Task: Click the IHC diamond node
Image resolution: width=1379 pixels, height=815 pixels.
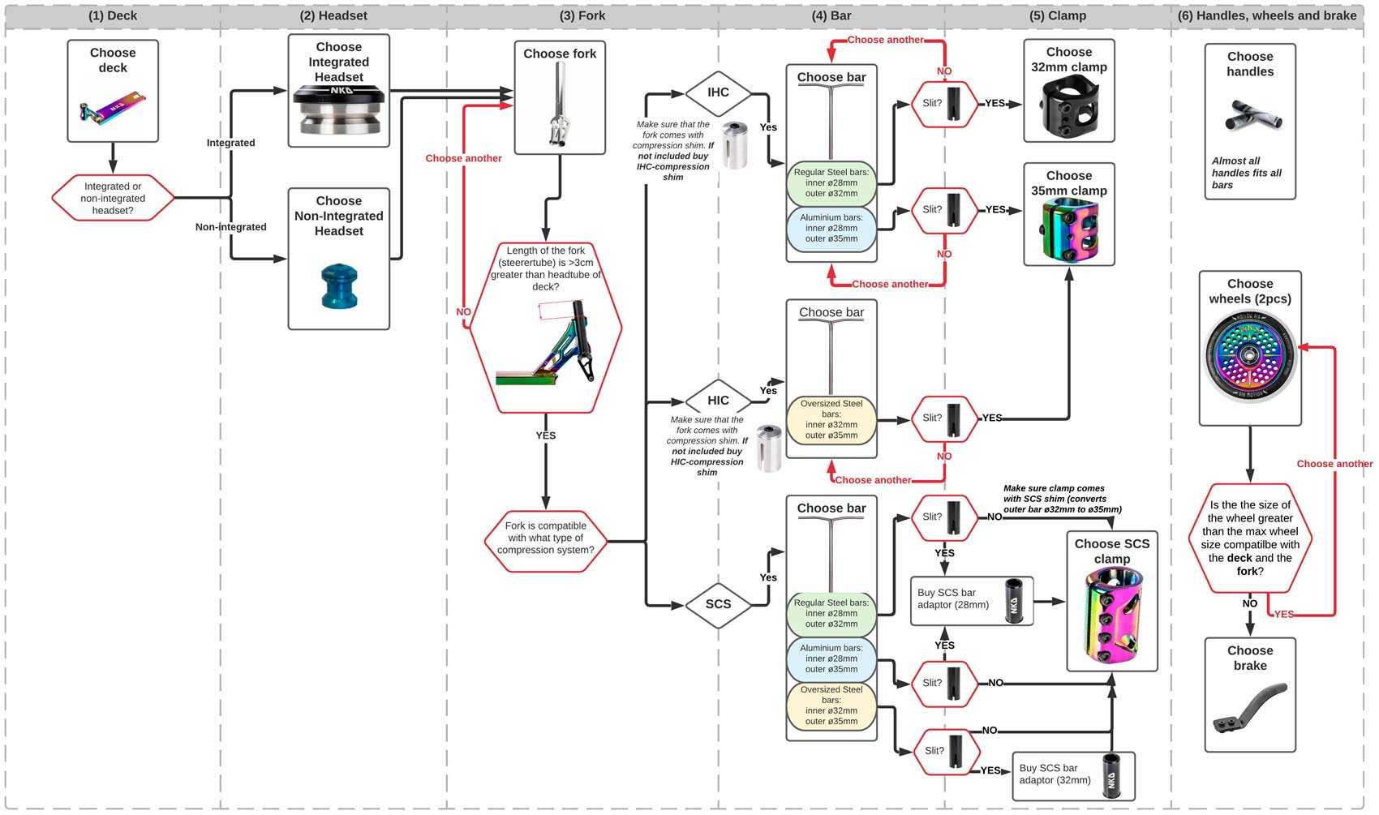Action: click(x=718, y=92)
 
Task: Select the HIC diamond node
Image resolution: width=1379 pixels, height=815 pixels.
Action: click(x=718, y=400)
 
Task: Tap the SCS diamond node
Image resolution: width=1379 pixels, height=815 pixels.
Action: click(x=718, y=604)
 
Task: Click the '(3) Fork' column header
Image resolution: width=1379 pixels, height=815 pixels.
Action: click(x=582, y=15)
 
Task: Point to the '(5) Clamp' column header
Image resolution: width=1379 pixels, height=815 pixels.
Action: click(x=1057, y=15)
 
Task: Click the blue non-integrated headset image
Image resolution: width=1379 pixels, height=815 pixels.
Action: click(x=339, y=285)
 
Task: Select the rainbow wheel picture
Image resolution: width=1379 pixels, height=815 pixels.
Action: click(x=1249, y=357)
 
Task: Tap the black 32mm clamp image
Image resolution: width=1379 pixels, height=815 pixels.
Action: click(x=1069, y=107)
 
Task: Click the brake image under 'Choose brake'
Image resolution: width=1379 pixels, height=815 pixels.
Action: click(x=1249, y=707)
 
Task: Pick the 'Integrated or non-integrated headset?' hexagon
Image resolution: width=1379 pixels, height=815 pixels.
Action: click(x=113, y=198)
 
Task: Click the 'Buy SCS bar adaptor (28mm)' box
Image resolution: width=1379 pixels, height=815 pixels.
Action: click(x=972, y=601)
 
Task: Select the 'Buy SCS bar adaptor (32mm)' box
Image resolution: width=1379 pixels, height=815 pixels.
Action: click(x=1073, y=775)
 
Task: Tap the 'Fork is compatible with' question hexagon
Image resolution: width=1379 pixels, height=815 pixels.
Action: click(x=545, y=538)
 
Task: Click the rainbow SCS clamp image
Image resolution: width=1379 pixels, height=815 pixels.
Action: click(x=1111, y=615)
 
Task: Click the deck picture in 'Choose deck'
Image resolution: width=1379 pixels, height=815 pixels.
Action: click(x=113, y=109)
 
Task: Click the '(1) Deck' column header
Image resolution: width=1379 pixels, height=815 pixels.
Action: click(x=113, y=15)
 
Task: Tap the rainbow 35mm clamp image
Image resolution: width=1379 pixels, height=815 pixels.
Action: click(x=1069, y=230)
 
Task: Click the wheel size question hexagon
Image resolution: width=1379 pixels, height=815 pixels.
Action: click(x=1249, y=538)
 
